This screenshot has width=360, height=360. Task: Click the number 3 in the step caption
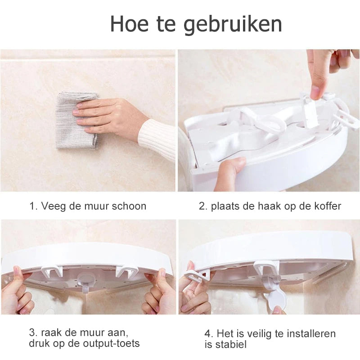pyautogui.click(x=32, y=333)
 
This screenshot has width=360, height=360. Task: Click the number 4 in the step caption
pyautogui.click(x=207, y=333)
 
